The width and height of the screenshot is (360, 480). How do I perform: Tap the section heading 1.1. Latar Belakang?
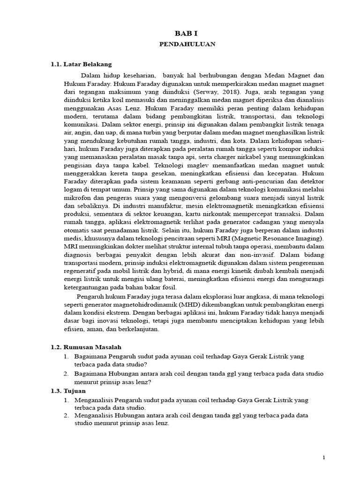81,65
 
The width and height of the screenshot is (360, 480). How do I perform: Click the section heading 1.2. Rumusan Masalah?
86,347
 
